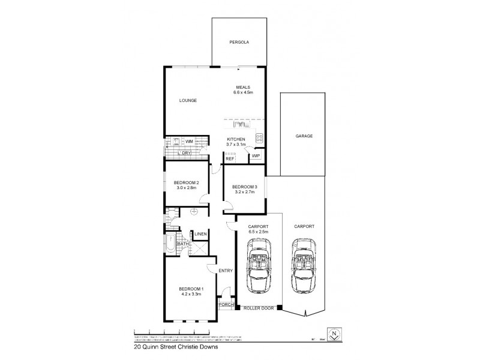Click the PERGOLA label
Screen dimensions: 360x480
point(239,43)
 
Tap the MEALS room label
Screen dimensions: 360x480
point(242,87)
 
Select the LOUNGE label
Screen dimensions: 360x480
point(188,100)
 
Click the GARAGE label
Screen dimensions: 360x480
point(304,136)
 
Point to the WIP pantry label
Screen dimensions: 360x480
point(256,156)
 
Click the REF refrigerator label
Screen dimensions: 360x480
point(230,159)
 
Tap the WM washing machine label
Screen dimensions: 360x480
point(189,142)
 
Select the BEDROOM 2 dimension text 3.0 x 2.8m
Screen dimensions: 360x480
point(187,188)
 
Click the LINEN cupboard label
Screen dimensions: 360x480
point(200,234)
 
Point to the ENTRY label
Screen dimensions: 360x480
point(226,271)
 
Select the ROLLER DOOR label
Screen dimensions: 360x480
point(259,308)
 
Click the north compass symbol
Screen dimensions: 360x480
point(334,334)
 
